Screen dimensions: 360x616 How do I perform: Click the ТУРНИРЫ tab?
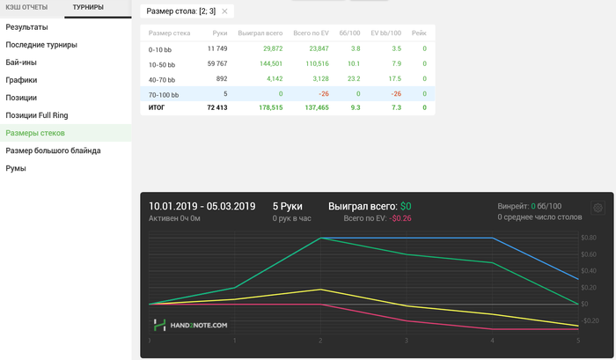coord(89,8)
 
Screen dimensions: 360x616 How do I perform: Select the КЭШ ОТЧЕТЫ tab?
coord(26,8)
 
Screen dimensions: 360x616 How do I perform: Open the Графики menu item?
coord(21,79)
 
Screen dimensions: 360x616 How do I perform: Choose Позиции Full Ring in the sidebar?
coord(36,114)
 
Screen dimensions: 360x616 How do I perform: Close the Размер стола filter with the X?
coord(224,11)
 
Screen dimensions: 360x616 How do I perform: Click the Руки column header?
coord(219,33)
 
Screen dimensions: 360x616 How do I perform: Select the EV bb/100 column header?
coord(386,33)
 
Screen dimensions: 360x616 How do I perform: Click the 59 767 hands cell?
coord(216,63)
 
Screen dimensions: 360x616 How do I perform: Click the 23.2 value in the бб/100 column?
coord(354,78)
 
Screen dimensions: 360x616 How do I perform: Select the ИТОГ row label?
coord(157,107)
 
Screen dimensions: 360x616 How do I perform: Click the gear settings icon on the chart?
coord(598,208)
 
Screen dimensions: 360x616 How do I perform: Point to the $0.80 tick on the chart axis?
coord(590,238)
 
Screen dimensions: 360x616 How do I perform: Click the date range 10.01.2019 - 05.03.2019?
coord(202,206)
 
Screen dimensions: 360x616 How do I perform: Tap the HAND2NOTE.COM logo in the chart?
coord(190,325)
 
